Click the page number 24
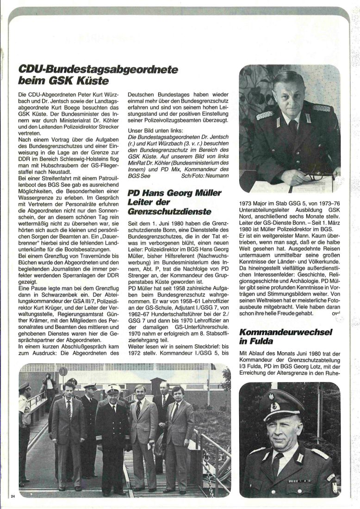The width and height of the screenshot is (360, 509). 13,497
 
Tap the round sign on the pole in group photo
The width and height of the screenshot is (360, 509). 63,372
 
